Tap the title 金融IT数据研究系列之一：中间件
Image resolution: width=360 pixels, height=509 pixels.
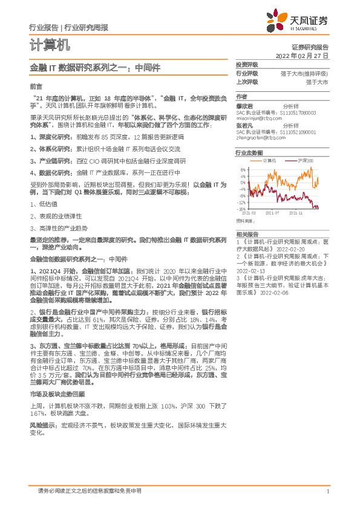[95, 68]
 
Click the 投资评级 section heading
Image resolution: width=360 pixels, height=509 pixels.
[246, 64]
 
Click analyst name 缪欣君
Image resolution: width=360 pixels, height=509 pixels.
[244, 105]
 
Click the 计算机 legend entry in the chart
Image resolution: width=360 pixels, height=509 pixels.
[269, 160]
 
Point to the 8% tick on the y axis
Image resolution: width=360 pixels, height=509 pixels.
[243, 170]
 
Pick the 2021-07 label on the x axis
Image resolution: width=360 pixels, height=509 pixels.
[272, 213]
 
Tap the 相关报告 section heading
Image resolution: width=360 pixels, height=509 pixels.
[246, 233]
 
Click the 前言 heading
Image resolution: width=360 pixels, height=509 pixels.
[36, 86]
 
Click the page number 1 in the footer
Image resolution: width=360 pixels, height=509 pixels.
[327, 491]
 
